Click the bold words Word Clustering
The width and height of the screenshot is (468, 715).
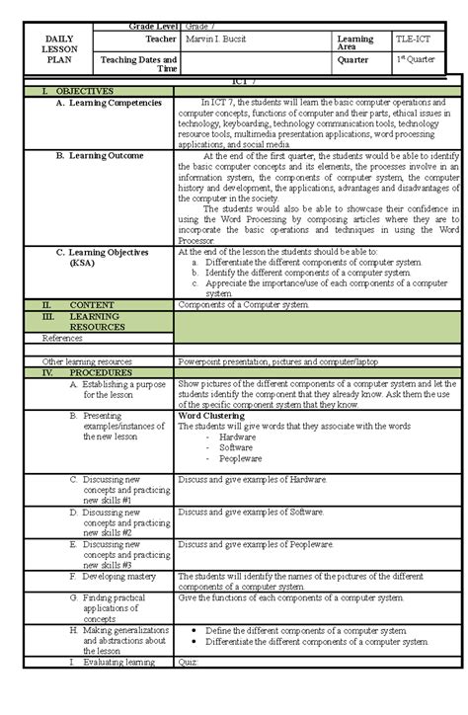point(209,416)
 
